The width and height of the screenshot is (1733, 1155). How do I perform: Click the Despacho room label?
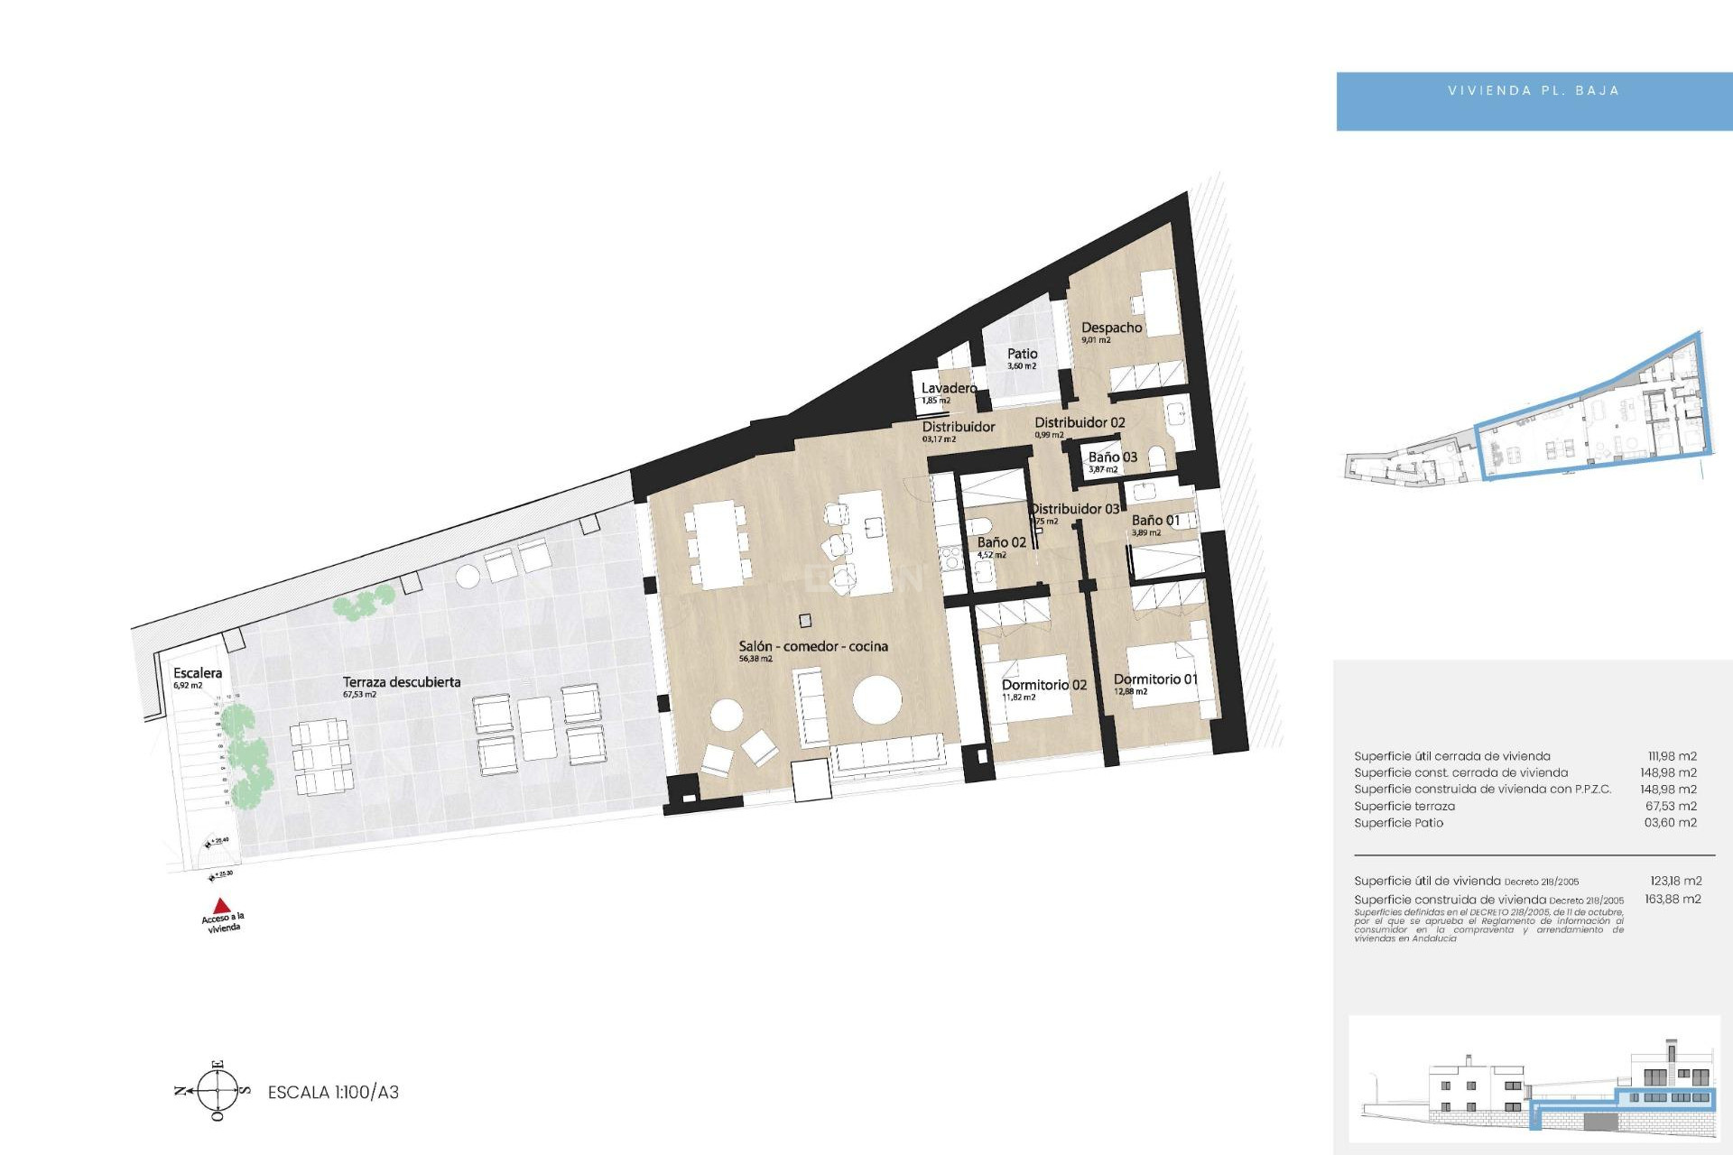click(x=1111, y=328)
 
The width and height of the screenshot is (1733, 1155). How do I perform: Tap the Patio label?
click(x=1022, y=354)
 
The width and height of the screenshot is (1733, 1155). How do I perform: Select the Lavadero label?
click(x=949, y=388)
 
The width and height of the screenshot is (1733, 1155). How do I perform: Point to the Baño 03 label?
click(x=1112, y=457)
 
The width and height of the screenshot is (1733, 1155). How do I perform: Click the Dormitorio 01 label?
click(x=1155, y=679)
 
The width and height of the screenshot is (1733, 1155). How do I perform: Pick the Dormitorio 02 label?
click(x=1043, y=685)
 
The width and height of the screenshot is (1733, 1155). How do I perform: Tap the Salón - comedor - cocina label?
click(x=812, y=646)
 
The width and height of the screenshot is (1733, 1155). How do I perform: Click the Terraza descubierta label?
click(x=401, y=682)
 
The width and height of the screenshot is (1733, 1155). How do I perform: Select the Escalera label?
click(x=197, y=673)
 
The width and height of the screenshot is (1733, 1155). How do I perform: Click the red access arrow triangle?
click(x=221, y=905)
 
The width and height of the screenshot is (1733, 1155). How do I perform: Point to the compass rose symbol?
click(x=218, y=1091)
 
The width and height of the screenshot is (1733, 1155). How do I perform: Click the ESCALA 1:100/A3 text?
click(x=333, y=1092)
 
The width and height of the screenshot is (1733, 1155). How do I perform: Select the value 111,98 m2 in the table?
click(x=1672, y=756)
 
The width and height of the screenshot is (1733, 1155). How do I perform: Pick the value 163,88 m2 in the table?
click(x=1673, y=899)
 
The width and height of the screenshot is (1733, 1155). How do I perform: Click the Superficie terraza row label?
click(x=1404, y=806)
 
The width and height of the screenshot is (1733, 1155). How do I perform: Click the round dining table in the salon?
click(x=876, y=699)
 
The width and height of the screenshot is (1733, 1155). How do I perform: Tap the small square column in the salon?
click(x=805, y=621)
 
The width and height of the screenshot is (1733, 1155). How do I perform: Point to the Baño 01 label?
click(x=1155, y=521)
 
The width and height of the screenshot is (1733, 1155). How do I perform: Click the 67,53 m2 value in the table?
click(x=1671, y=806)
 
